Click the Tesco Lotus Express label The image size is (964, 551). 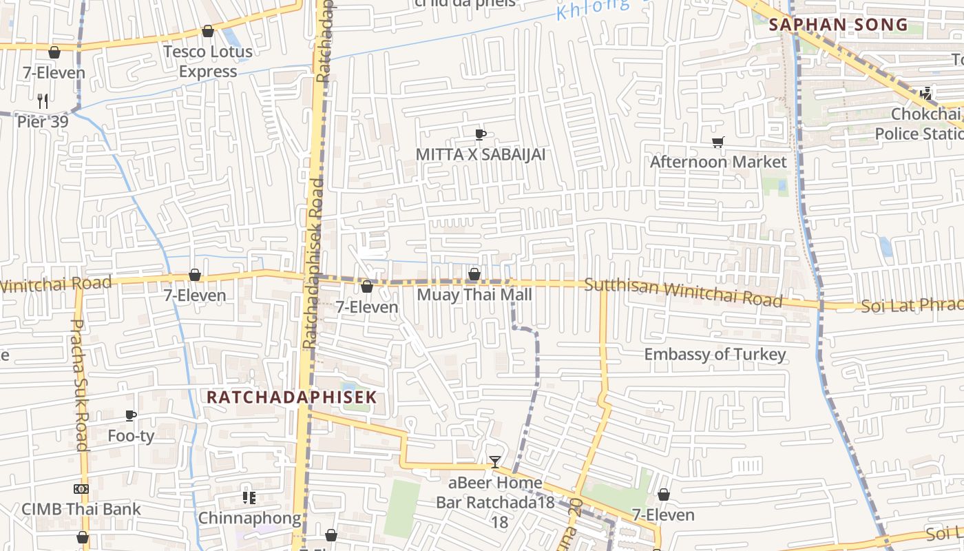coord(207,61)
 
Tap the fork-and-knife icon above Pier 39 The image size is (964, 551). coord(43,101)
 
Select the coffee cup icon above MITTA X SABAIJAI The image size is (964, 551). coord(481,134)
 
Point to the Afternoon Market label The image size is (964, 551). coord(718,162)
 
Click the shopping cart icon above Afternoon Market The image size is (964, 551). coord(718,143)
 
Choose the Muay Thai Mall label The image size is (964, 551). coord(474,295)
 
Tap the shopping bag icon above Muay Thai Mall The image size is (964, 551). coord(474,275)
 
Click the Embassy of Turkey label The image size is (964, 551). coord(715,355)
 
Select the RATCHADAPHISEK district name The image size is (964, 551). coord(292,397)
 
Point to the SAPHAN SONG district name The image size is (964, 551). coord(838,25)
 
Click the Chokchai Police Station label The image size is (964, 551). coord(919,123)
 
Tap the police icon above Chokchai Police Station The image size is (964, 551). coord(926,93)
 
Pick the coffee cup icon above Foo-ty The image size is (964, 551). coord(131,415)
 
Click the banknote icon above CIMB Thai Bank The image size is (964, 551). coord(81,489)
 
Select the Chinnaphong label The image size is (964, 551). coord(249,518)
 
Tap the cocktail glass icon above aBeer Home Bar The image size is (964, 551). coord(495,461)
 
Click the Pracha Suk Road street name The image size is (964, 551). coord(80,384)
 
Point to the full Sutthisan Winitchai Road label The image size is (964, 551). coord(683,293)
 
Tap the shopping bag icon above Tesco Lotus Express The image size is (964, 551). coord(207,31)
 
